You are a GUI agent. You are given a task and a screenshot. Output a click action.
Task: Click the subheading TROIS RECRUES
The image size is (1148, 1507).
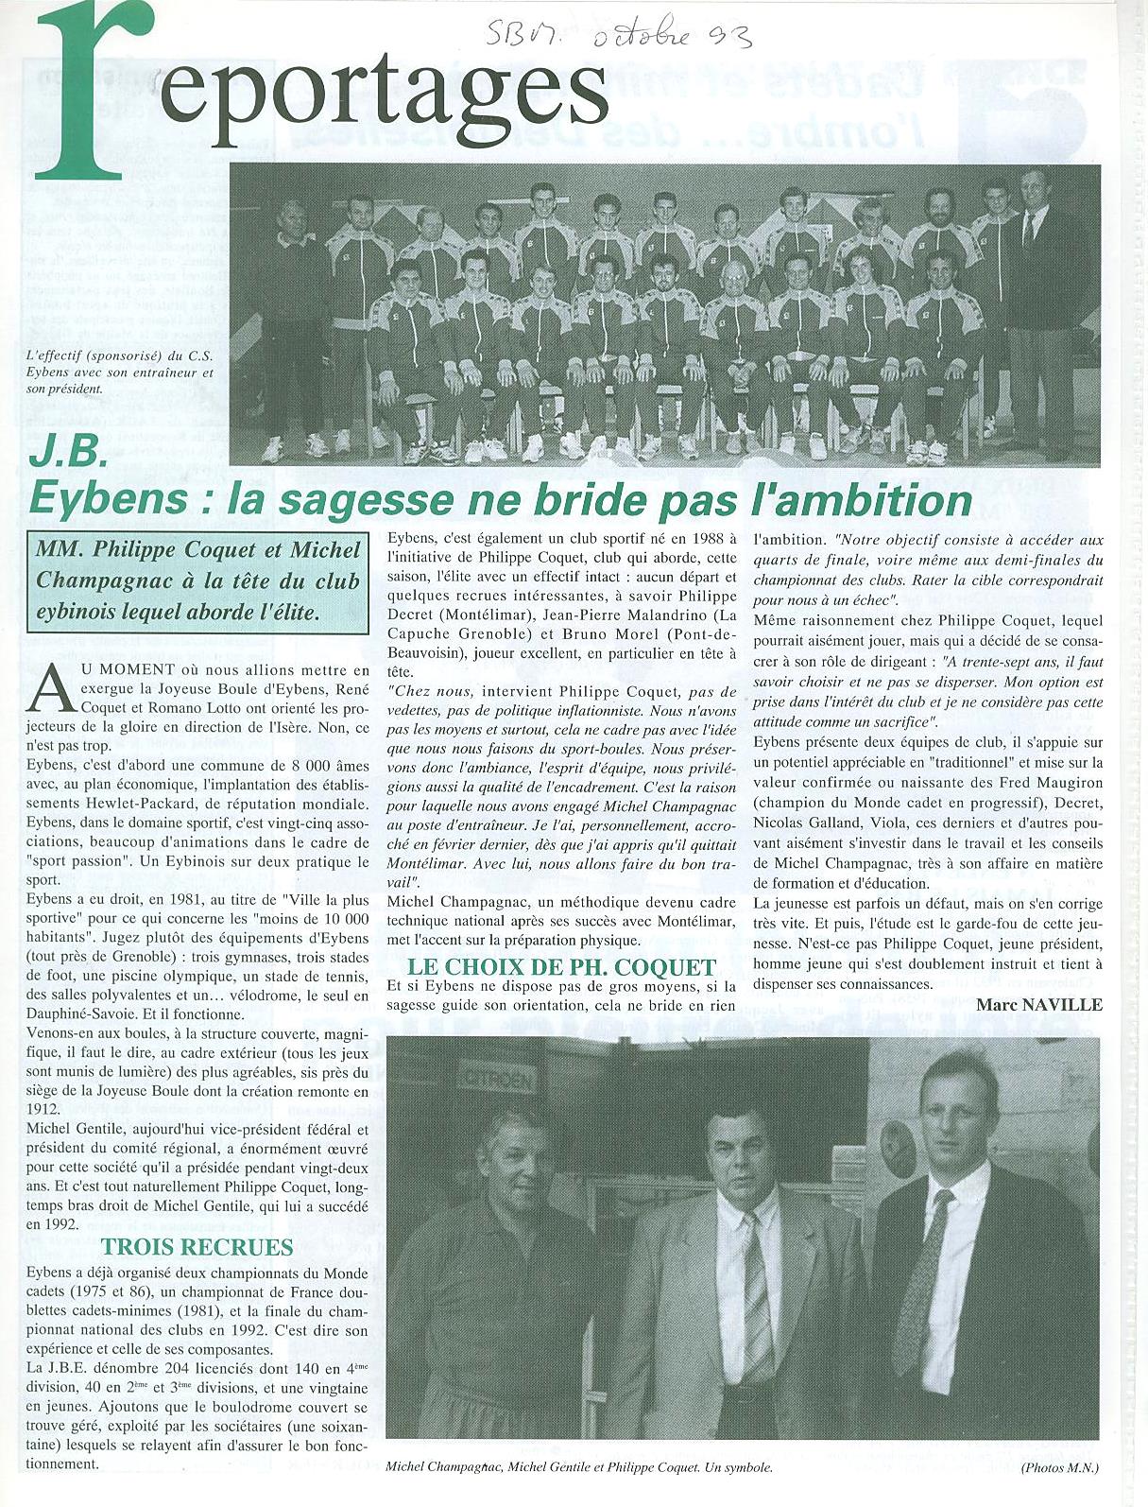pyautogui.click(x=197, y=1246)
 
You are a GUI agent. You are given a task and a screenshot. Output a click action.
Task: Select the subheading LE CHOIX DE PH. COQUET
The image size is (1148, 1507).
pyautogui.click(x=561, y=966)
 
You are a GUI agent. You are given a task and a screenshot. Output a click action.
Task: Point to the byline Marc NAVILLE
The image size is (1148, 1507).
pyautogui.click(x=1039, y=1004)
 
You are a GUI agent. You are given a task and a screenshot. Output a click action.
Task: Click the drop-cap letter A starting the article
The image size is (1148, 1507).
pyautogui.click(x=51, y=690)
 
